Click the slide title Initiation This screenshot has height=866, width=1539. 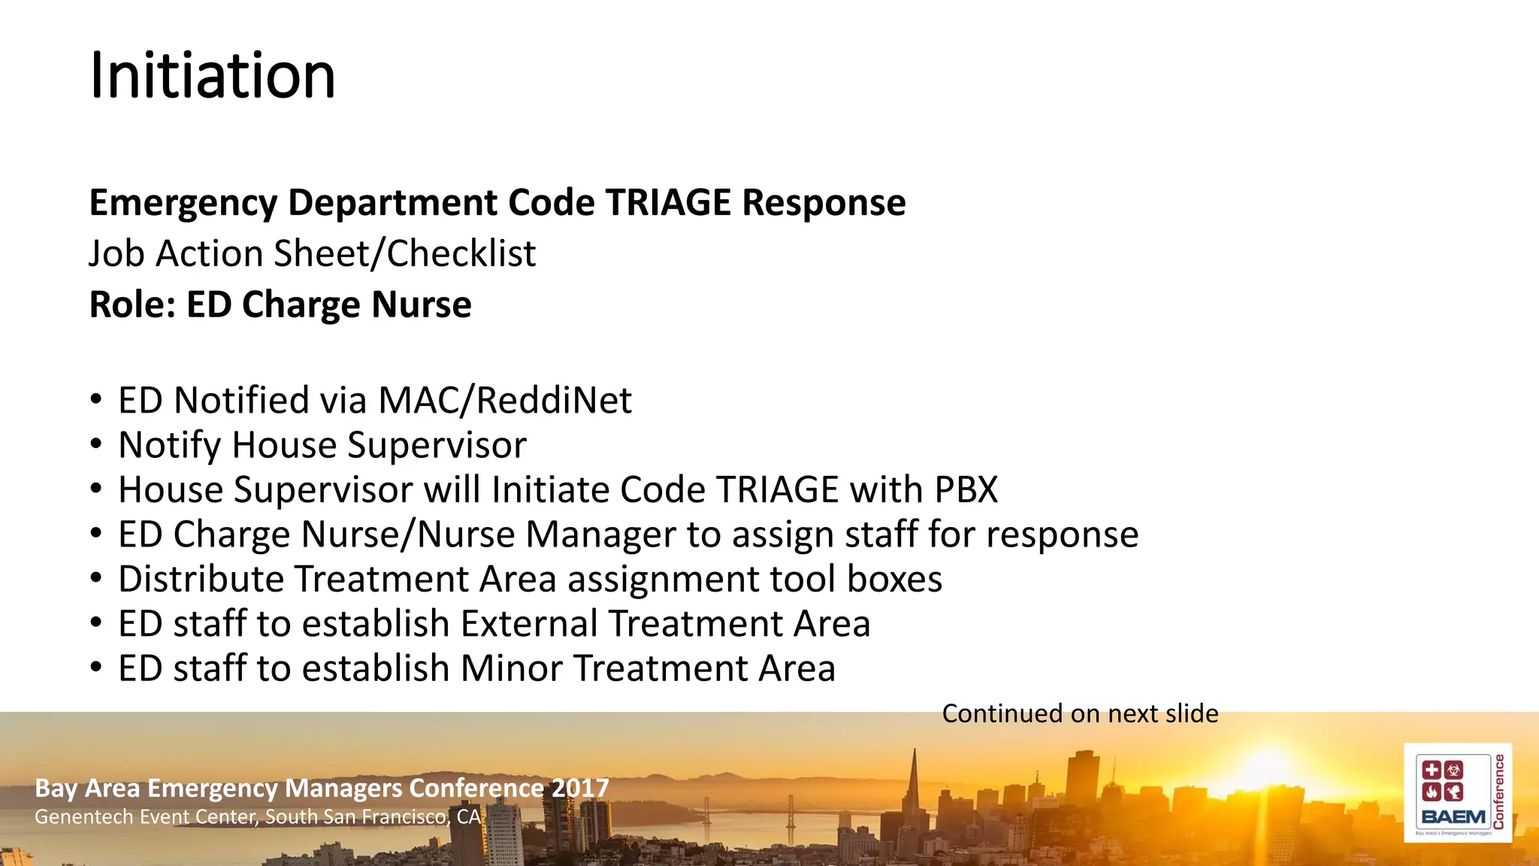click(x=212, y=76)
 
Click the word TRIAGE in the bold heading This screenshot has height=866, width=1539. click(x=668, y=203)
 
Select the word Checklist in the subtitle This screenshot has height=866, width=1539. click(x=461, y=253)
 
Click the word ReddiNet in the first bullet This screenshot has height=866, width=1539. click(x=554, y=400)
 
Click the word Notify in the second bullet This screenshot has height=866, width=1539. click(x=169, y=445)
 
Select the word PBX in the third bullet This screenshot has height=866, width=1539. click(x=966, y=489)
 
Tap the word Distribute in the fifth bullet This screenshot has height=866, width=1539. click(x=200, y=579)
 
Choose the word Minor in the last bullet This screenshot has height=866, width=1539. click(x=511, y=668)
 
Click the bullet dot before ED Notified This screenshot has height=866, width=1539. click(x=95, y=399)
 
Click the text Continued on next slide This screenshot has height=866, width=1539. click(x=1080, y=713)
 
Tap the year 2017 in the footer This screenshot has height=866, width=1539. click(x=579, y=788)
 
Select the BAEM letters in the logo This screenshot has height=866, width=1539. click(x=1453, y=817)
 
